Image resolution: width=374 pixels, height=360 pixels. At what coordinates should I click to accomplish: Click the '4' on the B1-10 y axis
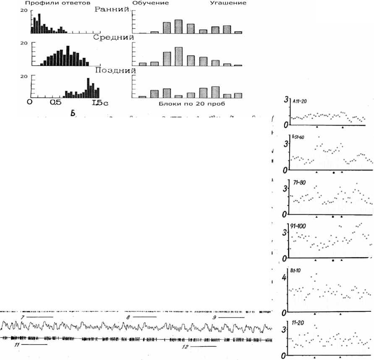tap(284, 277)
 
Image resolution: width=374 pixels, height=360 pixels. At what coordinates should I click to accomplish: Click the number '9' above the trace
tap(214, 318)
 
